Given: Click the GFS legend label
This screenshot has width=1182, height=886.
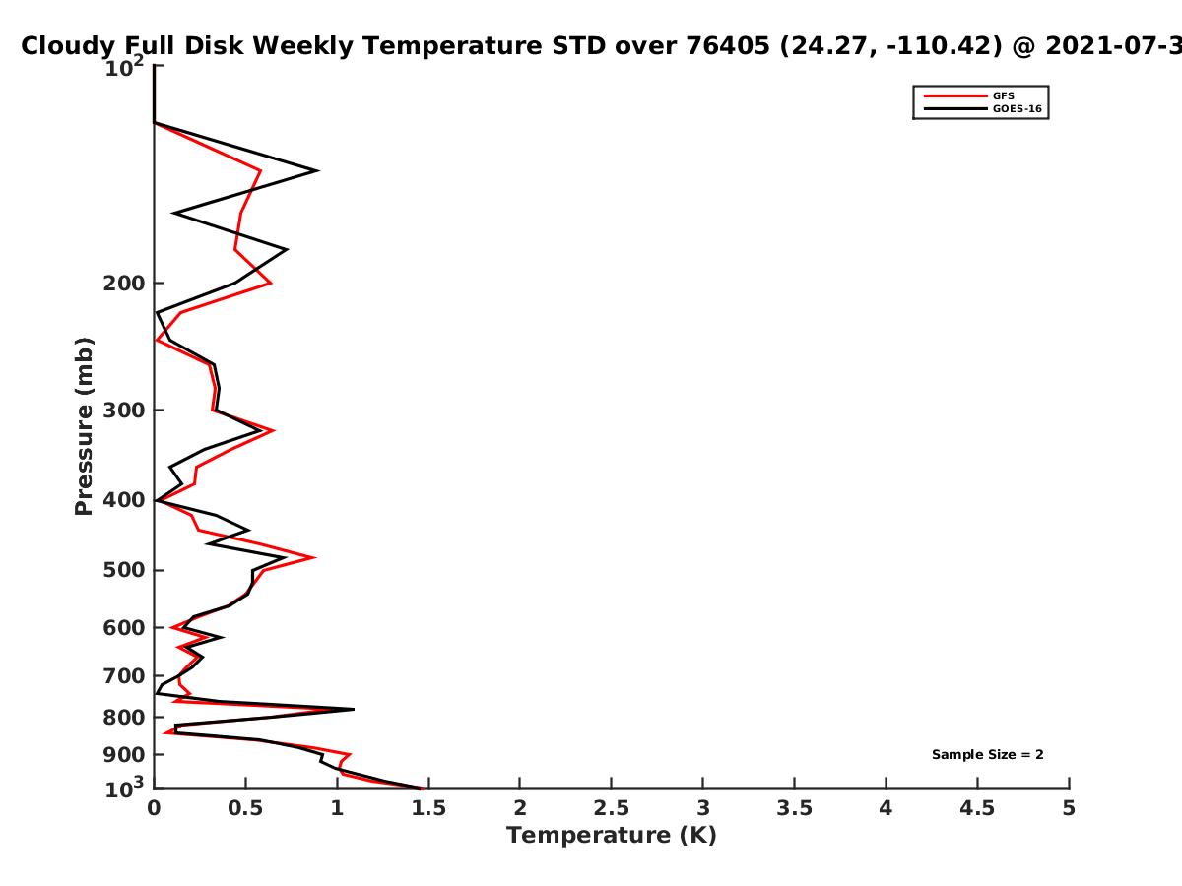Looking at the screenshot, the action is point(1003,96).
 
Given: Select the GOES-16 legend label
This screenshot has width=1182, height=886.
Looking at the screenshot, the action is point(1018,109).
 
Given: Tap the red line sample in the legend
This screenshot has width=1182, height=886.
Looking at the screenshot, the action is point(955,96).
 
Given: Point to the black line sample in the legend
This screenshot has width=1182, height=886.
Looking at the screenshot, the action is point(955,109).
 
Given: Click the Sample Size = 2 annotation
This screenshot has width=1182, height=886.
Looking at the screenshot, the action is point(988,755).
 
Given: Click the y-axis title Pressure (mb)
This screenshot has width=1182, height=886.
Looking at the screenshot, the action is point(84,426).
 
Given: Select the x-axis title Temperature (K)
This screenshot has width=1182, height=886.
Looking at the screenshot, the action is point(612,836).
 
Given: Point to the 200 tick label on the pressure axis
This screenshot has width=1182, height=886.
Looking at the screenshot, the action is point(124,284).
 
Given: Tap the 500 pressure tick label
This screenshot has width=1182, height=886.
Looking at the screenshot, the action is point(124,570).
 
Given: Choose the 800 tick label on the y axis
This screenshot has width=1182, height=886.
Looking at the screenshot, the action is point(124,718).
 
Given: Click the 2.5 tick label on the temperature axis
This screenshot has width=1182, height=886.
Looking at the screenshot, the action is point(612,808).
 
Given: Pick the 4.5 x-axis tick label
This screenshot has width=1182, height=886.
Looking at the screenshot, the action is point(977,808).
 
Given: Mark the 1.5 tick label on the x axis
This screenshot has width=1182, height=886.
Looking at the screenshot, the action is point(428,808).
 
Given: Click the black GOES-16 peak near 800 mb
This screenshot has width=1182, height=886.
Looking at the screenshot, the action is point(354,709).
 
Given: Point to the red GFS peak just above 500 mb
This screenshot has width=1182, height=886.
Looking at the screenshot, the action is point(315,557).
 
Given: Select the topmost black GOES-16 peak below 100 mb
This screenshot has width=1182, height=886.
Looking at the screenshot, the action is point(318,171).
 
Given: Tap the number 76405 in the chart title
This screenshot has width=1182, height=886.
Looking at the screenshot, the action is point(728,46).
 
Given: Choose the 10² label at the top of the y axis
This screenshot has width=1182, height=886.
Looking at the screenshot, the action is point(124,67).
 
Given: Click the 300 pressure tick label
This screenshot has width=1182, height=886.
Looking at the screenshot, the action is point(124,411).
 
